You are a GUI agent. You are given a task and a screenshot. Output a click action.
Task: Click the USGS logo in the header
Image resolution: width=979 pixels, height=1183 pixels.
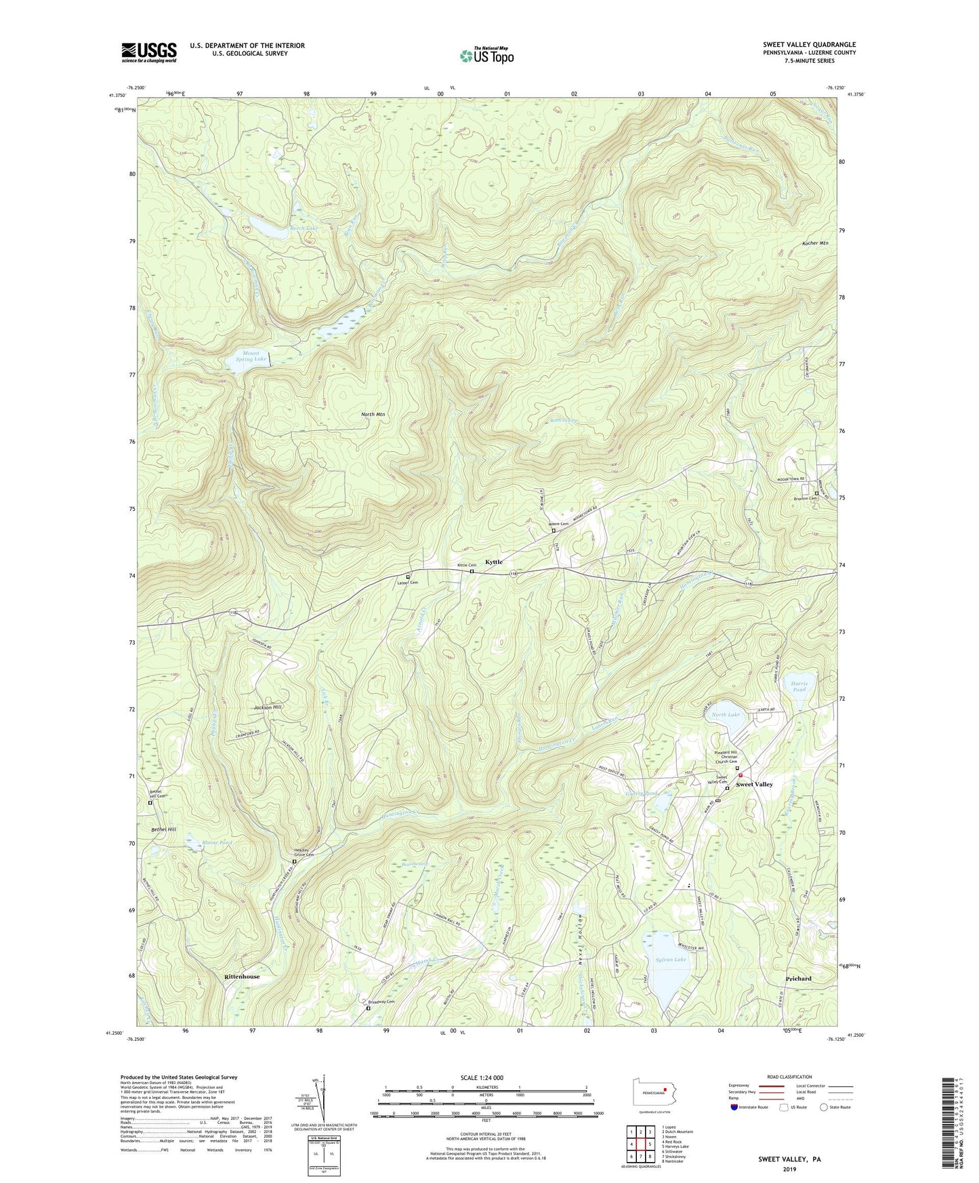point(149,52)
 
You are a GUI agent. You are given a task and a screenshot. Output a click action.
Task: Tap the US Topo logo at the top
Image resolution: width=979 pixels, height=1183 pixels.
point(486,56)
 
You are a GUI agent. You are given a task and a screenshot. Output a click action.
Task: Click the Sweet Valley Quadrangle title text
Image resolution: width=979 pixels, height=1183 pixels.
point(809,45)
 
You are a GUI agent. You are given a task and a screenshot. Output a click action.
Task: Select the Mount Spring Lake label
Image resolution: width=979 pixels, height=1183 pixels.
point(251,356)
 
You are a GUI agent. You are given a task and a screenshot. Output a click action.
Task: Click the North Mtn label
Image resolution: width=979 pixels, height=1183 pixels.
point(373,414)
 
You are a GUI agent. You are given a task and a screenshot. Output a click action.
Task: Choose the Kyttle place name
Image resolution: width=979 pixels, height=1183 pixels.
point(494,562)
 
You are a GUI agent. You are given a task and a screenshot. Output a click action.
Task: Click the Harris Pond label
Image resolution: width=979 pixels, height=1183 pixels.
point(799,686)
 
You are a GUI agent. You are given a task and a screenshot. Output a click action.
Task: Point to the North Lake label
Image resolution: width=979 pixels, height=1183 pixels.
point(726,715)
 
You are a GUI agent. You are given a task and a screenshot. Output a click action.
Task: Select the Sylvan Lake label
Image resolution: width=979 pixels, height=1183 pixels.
point(671,959)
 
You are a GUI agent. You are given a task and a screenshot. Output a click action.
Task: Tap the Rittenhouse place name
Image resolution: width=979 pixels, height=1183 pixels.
point(242,976)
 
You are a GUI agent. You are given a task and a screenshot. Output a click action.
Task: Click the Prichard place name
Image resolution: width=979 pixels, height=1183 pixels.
point(799,978)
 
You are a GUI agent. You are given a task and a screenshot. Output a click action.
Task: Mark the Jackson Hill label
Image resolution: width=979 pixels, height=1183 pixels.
point(268,707)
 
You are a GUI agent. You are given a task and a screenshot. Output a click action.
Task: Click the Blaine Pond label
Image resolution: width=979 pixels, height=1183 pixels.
point(217,842)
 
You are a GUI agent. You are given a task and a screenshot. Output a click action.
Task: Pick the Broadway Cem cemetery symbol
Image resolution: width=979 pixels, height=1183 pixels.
point(369,1008)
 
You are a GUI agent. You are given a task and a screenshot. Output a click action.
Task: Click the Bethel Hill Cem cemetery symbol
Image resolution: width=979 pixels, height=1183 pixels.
point(150,803)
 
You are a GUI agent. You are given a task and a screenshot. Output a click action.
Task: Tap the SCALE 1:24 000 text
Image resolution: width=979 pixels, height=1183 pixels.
point(486,1077)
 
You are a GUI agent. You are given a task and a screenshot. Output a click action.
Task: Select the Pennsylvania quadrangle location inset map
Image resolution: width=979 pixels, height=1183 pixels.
point(652,1092)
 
